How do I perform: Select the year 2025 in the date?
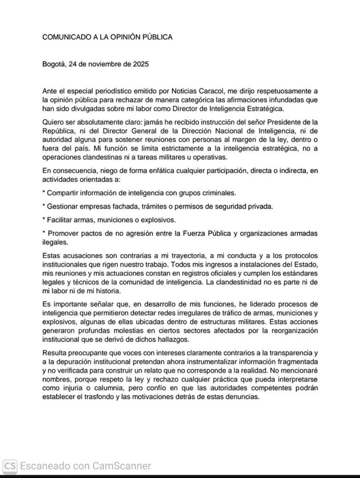pos(141,64)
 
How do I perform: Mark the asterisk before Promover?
pos(44,233)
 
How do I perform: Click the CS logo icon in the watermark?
pos(10,465)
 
